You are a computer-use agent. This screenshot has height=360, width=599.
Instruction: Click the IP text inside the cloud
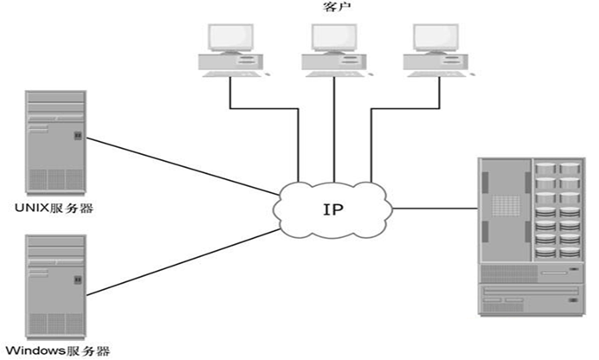point(333,209)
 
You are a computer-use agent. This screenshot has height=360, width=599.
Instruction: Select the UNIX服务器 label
point(53,209)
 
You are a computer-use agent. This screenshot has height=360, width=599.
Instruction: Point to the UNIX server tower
point(55,140)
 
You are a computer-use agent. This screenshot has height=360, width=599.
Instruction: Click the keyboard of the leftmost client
point(226,74)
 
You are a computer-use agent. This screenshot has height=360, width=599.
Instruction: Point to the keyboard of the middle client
point(328,74)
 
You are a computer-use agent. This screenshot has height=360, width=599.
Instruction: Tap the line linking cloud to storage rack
point(437,209)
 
